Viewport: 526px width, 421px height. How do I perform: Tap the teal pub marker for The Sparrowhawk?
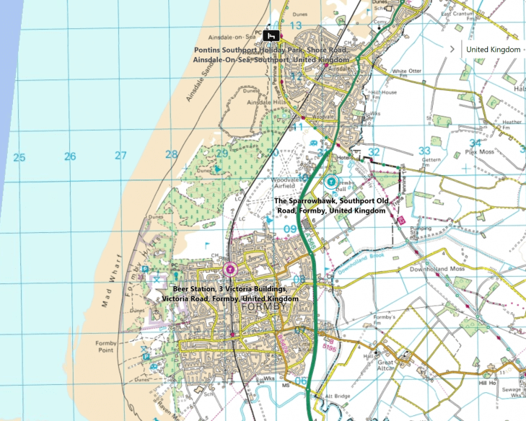pos(331,182)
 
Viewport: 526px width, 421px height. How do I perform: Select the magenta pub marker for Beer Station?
pos(229,270)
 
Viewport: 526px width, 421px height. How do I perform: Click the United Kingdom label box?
pos(493,49)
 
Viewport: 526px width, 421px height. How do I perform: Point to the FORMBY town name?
pos(266,307)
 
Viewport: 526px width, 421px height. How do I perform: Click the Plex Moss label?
pos(478,153)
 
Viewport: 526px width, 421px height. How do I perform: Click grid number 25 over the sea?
pos(19,156)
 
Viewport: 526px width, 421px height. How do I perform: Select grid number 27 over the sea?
pos(120,155)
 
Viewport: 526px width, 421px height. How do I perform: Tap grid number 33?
pos(424,151)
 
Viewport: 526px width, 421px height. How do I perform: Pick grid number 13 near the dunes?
pos(295,25)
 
